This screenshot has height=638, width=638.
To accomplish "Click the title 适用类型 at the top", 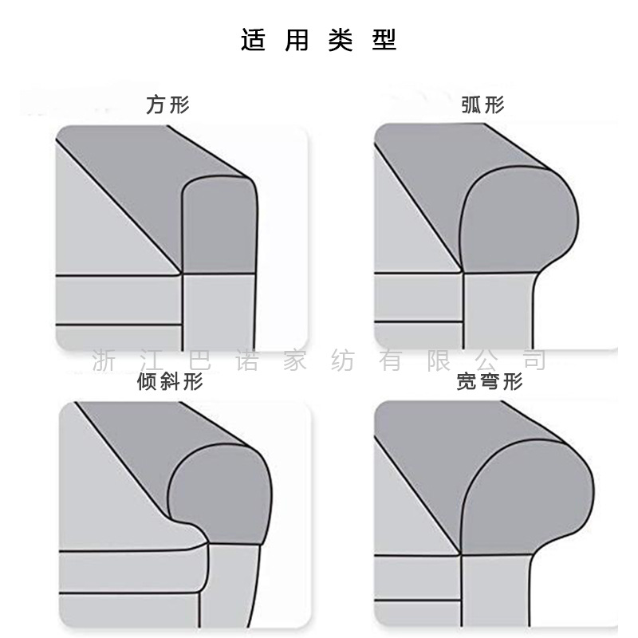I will (318, 39).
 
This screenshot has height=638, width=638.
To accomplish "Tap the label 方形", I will (167, 104).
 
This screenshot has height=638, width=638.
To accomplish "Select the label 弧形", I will (483, 104).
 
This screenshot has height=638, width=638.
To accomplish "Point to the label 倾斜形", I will (171, 382).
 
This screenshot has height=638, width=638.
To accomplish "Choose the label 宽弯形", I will (490, 382).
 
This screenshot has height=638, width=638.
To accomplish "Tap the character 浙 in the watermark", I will (103, 360).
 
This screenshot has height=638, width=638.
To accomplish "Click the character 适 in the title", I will (253, 39).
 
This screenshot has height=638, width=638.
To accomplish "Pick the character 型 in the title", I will (384, 39).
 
